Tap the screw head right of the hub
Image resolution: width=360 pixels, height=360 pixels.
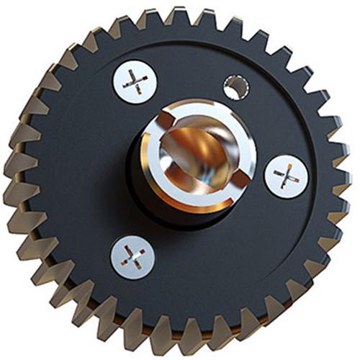pos(286,176)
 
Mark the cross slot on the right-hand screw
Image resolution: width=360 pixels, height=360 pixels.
pos(286,176)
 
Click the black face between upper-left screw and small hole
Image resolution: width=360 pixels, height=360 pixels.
pos(184,79)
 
